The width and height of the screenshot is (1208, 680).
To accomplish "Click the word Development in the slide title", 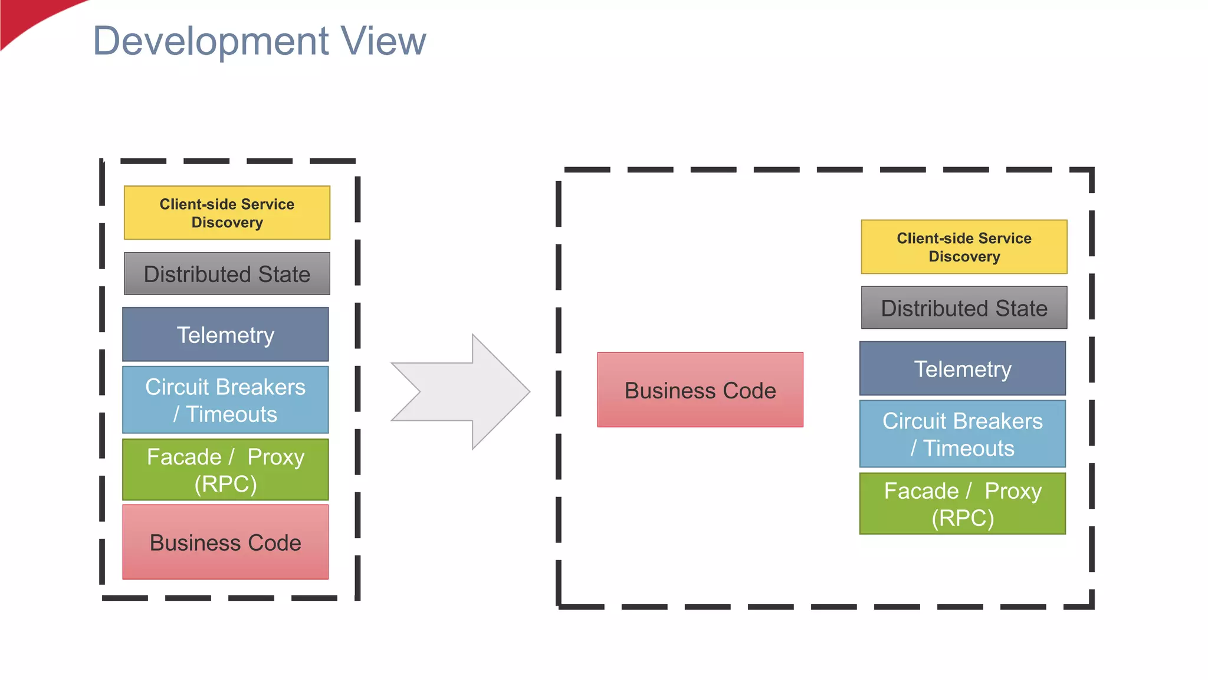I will [211, 41].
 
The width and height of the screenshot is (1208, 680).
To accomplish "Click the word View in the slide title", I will [383, 41].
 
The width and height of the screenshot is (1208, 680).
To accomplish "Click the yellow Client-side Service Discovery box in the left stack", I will [227, 213].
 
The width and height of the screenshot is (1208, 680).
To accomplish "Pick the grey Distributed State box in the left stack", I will [227, 274].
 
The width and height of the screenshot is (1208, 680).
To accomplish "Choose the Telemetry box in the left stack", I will [225, 334].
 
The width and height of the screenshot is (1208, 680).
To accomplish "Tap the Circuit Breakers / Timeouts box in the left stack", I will [225, 400].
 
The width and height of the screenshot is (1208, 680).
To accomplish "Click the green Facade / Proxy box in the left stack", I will [225, 469].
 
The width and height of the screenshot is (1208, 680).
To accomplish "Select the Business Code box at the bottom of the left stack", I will [225, 542].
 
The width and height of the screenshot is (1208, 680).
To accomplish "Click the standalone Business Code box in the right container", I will [700, 390].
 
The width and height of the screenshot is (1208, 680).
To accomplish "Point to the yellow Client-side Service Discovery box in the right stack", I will [964, 247].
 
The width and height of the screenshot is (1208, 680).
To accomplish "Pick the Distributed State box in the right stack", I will [964, 308].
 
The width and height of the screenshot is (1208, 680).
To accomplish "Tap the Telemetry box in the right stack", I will [963, 368].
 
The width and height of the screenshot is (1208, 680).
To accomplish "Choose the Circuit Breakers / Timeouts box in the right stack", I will [963, 434].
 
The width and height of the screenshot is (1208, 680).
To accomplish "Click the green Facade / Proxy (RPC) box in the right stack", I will [963, 504].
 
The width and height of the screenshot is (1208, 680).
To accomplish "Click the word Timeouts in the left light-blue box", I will [231, 414].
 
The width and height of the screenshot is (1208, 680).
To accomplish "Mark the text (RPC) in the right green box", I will [963, 518].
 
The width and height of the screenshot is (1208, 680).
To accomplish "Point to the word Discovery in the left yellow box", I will [227, 223].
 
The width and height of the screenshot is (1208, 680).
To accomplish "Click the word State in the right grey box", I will [1021, 308].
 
